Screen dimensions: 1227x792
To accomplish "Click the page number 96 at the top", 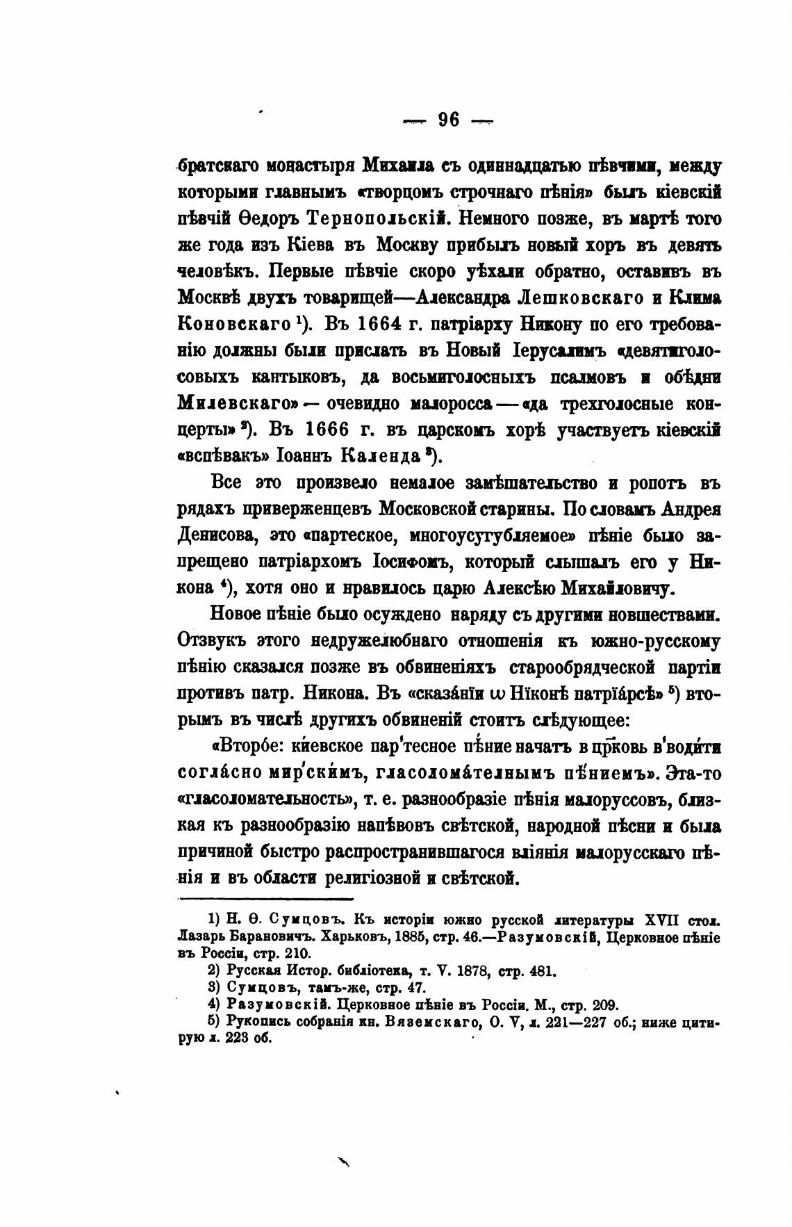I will click(449, 120).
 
